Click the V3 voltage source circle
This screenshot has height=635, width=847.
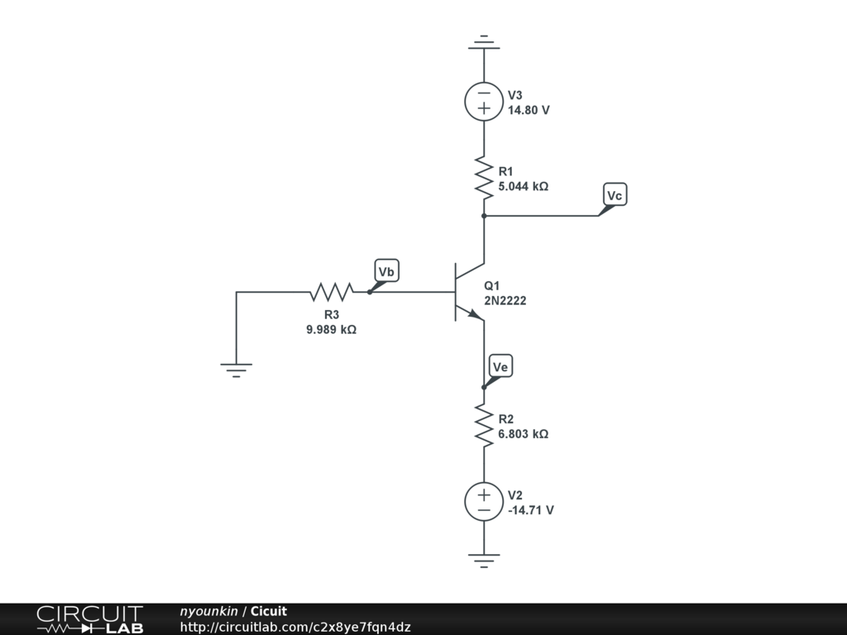(484, 102)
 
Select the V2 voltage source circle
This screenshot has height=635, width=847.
(484, 502)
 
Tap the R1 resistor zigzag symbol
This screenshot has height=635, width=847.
(484, 178)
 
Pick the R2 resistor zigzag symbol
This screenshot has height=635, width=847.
(484, 426)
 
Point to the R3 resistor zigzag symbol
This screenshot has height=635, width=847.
(332, 292)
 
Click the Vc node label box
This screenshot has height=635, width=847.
(615, 195)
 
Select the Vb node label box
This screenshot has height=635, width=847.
(387, 271)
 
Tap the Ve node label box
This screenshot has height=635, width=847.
(500, 366)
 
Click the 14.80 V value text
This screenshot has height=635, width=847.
(529, 110)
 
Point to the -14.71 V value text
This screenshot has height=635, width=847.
(531, 510)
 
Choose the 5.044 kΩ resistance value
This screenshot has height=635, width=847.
(523, 186)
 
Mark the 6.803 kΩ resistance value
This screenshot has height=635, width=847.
(523, 434)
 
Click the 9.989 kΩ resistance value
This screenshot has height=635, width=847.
(331, 329)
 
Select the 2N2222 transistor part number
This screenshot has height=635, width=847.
(505, 301)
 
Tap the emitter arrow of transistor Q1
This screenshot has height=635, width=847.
(475, 314)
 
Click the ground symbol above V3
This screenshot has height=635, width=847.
(484, 43)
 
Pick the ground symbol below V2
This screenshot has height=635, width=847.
(484, 561)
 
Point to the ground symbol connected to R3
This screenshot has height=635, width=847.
(236, 370)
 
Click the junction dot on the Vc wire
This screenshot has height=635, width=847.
(484, 216)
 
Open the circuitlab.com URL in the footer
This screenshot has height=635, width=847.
(295, 627)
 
